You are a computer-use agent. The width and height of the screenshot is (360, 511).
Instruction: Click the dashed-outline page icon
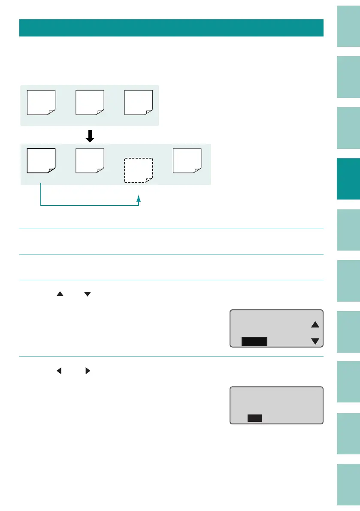pos(138,170)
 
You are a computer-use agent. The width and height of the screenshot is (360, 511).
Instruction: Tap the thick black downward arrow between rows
pos(89,136)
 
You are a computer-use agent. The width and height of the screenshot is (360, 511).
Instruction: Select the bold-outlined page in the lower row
pos(41,160)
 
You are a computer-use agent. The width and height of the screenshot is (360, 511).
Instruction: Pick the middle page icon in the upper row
pos(90,103)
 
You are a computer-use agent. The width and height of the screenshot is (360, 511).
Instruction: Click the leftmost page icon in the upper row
pos(41,103)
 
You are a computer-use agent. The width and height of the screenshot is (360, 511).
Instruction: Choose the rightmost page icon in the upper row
pos(139,103)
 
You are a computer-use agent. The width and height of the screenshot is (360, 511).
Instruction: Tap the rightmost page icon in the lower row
pos(187,160)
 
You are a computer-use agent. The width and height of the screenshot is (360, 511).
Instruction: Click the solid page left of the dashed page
pos(90,160)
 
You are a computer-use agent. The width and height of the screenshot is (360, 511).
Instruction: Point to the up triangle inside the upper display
pos(315,325)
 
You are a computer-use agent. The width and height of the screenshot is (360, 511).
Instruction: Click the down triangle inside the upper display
pos(315,341)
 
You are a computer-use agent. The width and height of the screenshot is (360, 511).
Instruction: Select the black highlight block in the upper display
pos(254,341)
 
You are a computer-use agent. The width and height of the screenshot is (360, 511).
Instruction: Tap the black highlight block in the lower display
pos(254,418)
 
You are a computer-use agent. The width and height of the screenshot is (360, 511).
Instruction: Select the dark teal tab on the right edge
pos(348,179)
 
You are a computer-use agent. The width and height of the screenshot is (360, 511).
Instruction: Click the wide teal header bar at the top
pos(171,27)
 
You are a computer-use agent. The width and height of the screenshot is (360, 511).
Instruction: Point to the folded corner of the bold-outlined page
pos(51,170)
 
